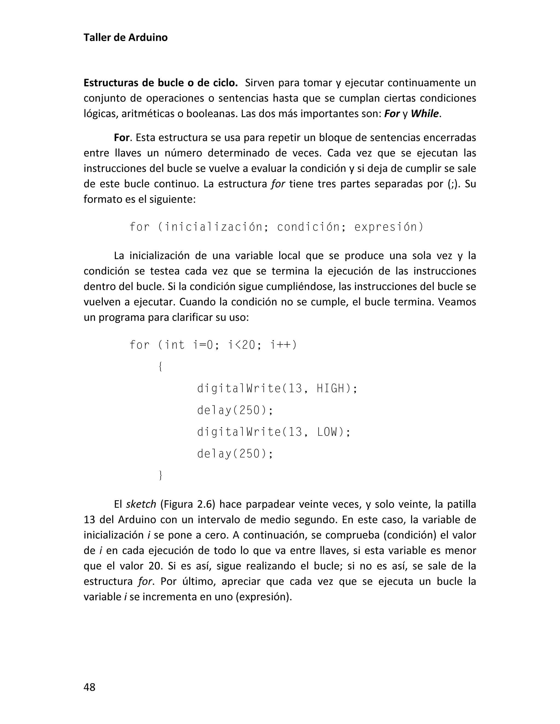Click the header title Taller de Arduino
[126, 37]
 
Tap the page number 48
[90, 687]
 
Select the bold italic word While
[425, 114]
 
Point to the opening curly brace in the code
[160, 367]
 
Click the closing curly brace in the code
[161, 475]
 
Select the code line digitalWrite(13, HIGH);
[277, 388]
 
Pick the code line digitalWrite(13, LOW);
[274, 432]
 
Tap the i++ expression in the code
[283, 345]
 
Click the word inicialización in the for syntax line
[214, 227]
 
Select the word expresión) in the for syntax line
[389, 227]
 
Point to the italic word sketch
[141, 504]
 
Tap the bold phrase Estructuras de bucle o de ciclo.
[161, 83]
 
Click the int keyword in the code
[175, 345]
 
